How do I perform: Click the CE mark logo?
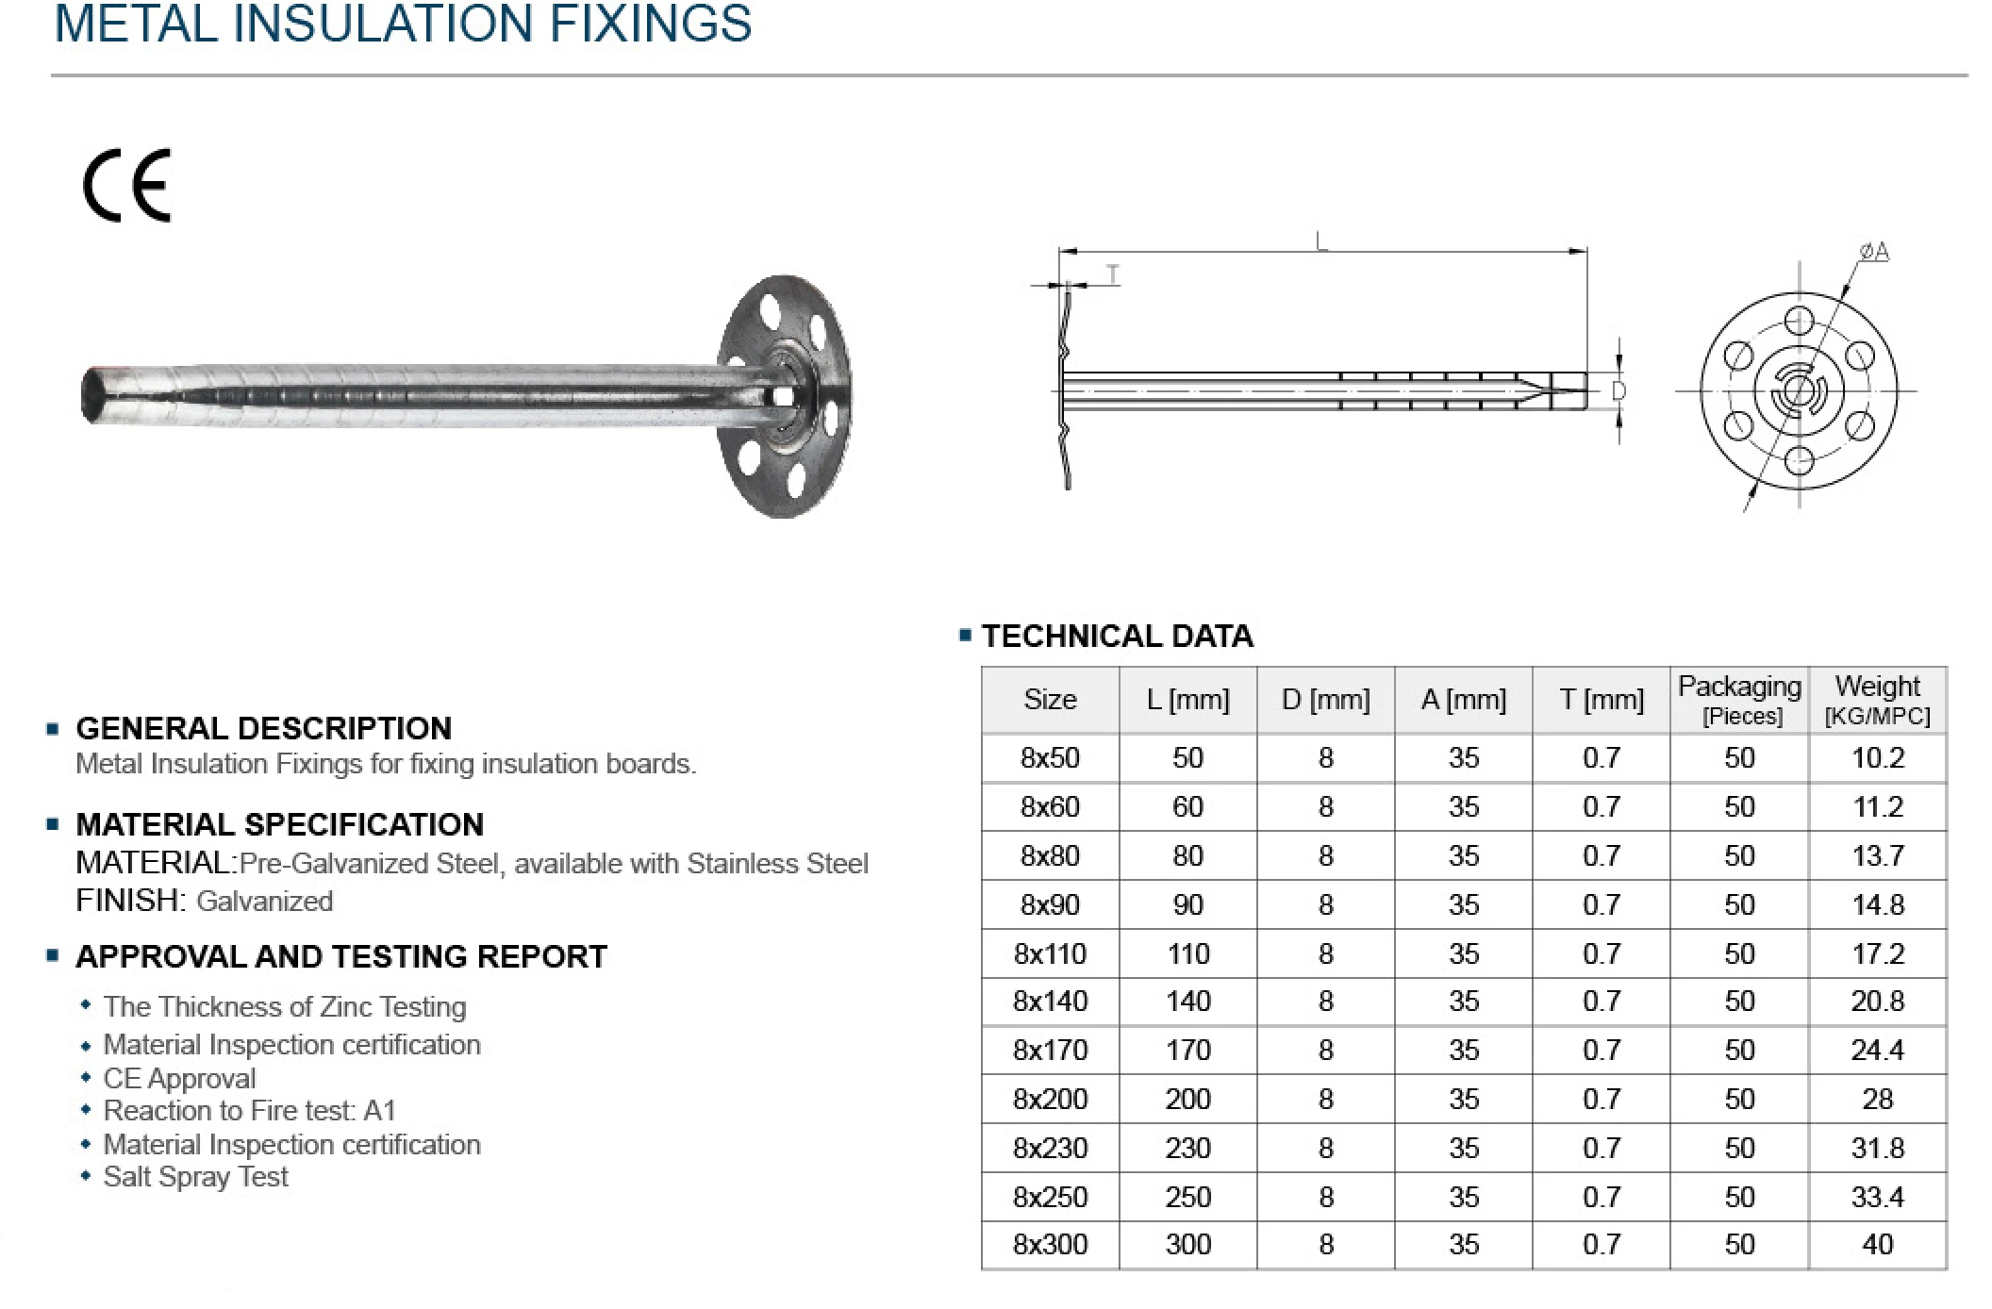coord(126,186)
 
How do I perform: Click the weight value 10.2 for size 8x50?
coord(1877,758)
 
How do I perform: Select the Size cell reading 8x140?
coord(1050,1001)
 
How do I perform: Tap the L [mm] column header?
coord(1187,700)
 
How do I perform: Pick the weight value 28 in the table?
coord(1877,1099)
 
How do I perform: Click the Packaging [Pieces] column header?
coord(1739,700)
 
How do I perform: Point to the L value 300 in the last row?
coord(1187,1244)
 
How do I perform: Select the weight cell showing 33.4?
coord(1877,1197)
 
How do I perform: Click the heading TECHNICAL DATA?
coord(1117,636)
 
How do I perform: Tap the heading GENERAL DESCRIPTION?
coord(263,728)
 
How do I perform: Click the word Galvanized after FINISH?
coord(265,902)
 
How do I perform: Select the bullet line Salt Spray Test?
coord(195,1177)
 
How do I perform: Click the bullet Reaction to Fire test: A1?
coord(249,1111)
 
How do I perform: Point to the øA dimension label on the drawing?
coord(1873,252)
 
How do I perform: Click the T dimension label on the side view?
coord(1112,274)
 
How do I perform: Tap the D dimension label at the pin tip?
coord(1618,390)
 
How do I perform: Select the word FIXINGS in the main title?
coord(650,24)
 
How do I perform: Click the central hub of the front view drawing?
coord(1799,390)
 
